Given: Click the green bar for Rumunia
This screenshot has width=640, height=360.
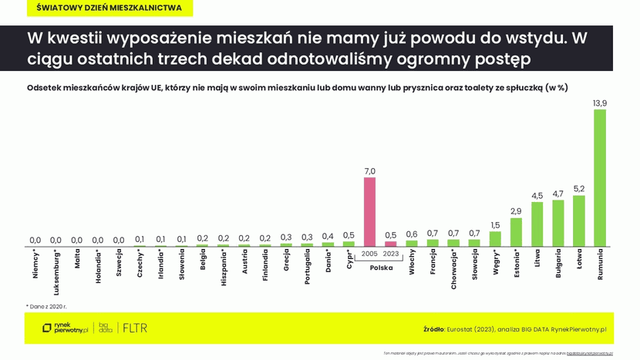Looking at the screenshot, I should [599, 177].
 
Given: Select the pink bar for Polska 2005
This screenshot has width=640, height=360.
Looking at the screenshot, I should [369, 211].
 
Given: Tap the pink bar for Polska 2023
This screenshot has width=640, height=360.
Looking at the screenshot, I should [390, 244].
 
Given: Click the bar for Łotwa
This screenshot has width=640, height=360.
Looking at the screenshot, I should [578, 220].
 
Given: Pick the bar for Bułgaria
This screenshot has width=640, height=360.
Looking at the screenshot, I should [557, 223].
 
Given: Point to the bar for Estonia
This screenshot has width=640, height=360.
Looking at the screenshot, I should [516, 231].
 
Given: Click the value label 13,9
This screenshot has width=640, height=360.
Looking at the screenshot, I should [599, 103].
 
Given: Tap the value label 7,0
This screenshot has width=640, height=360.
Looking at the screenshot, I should [369, 170].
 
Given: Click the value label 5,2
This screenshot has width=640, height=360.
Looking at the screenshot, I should [578, 188].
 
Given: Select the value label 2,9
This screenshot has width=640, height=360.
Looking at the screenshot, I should [516, 210].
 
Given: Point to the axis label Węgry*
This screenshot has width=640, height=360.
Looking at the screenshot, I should [496, 264].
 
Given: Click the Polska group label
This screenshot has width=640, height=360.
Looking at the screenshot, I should [380, 268].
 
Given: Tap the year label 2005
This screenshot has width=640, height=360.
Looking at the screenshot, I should [369, 254].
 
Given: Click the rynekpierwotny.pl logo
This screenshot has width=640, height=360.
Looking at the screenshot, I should [65, 328].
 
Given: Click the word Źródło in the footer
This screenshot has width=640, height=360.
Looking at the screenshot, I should [433, 329].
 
